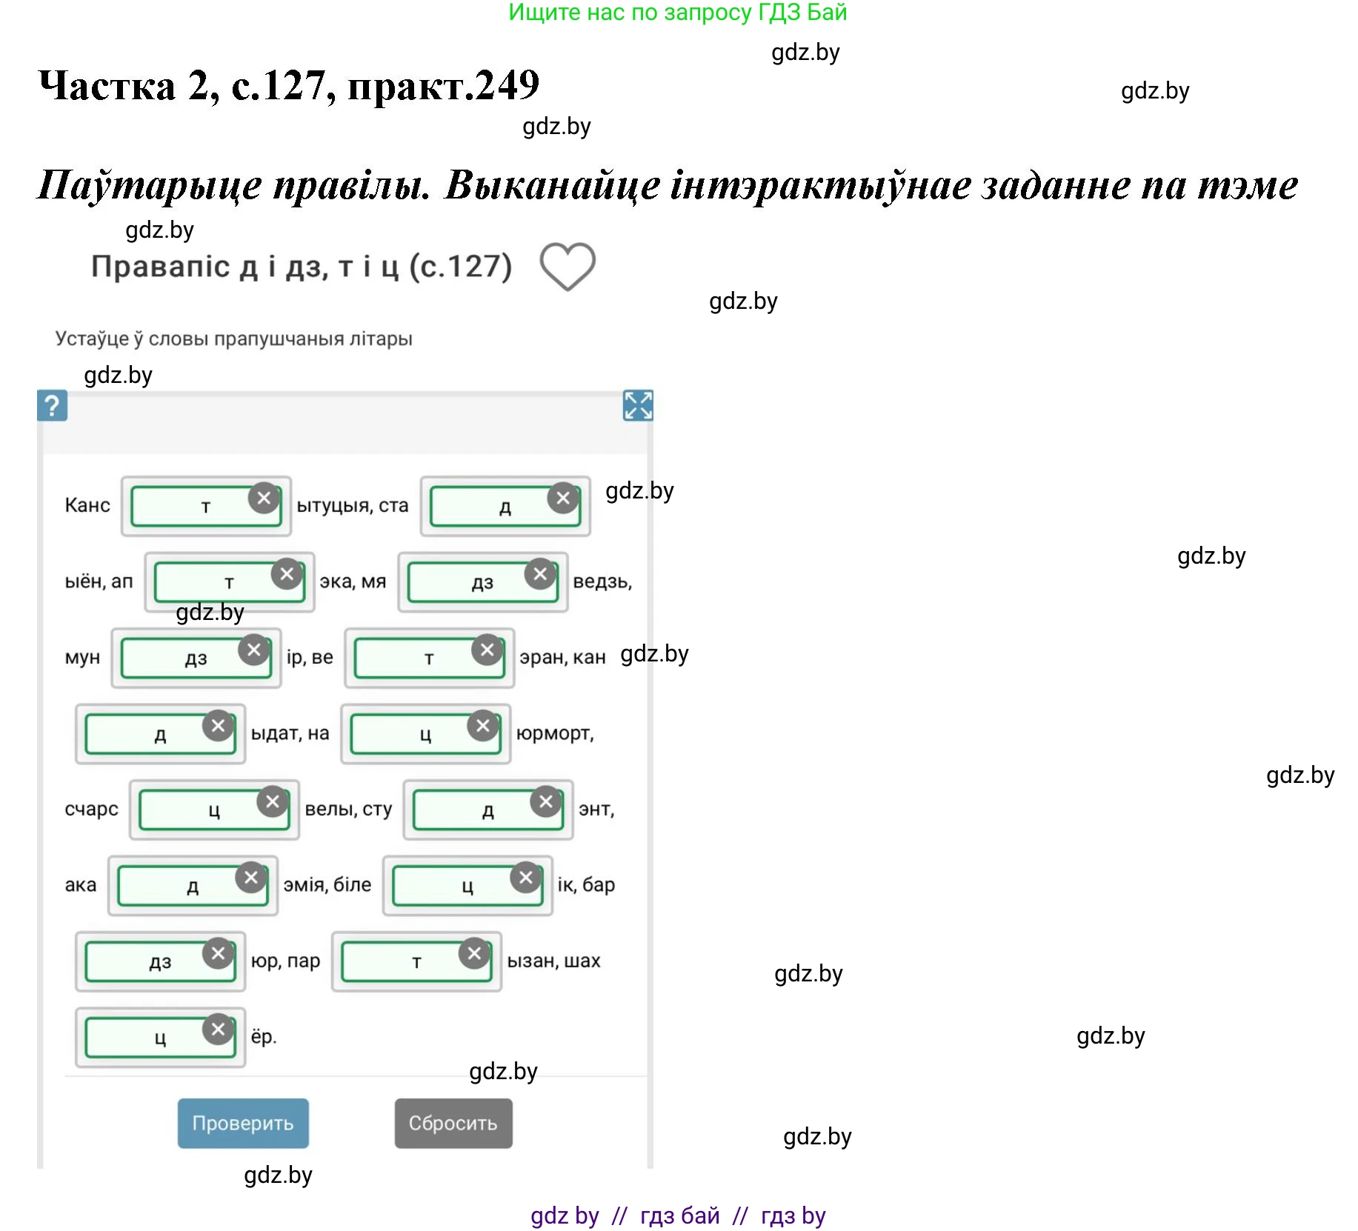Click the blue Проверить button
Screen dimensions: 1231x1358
[x=243, y=1123]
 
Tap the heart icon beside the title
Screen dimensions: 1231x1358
[x=568, y=266]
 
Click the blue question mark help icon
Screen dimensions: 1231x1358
[x=52, y=406]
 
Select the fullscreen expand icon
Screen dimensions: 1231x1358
[x=638, y=406]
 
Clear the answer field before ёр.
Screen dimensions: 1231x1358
[x=218, y=1030]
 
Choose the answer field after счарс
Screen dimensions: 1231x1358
[x=200, y=811]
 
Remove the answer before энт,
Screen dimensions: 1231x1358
[x=546, y=802]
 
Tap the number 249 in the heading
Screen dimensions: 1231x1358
[x=507, y=86]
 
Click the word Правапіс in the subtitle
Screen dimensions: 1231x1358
[x=160, y=267]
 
